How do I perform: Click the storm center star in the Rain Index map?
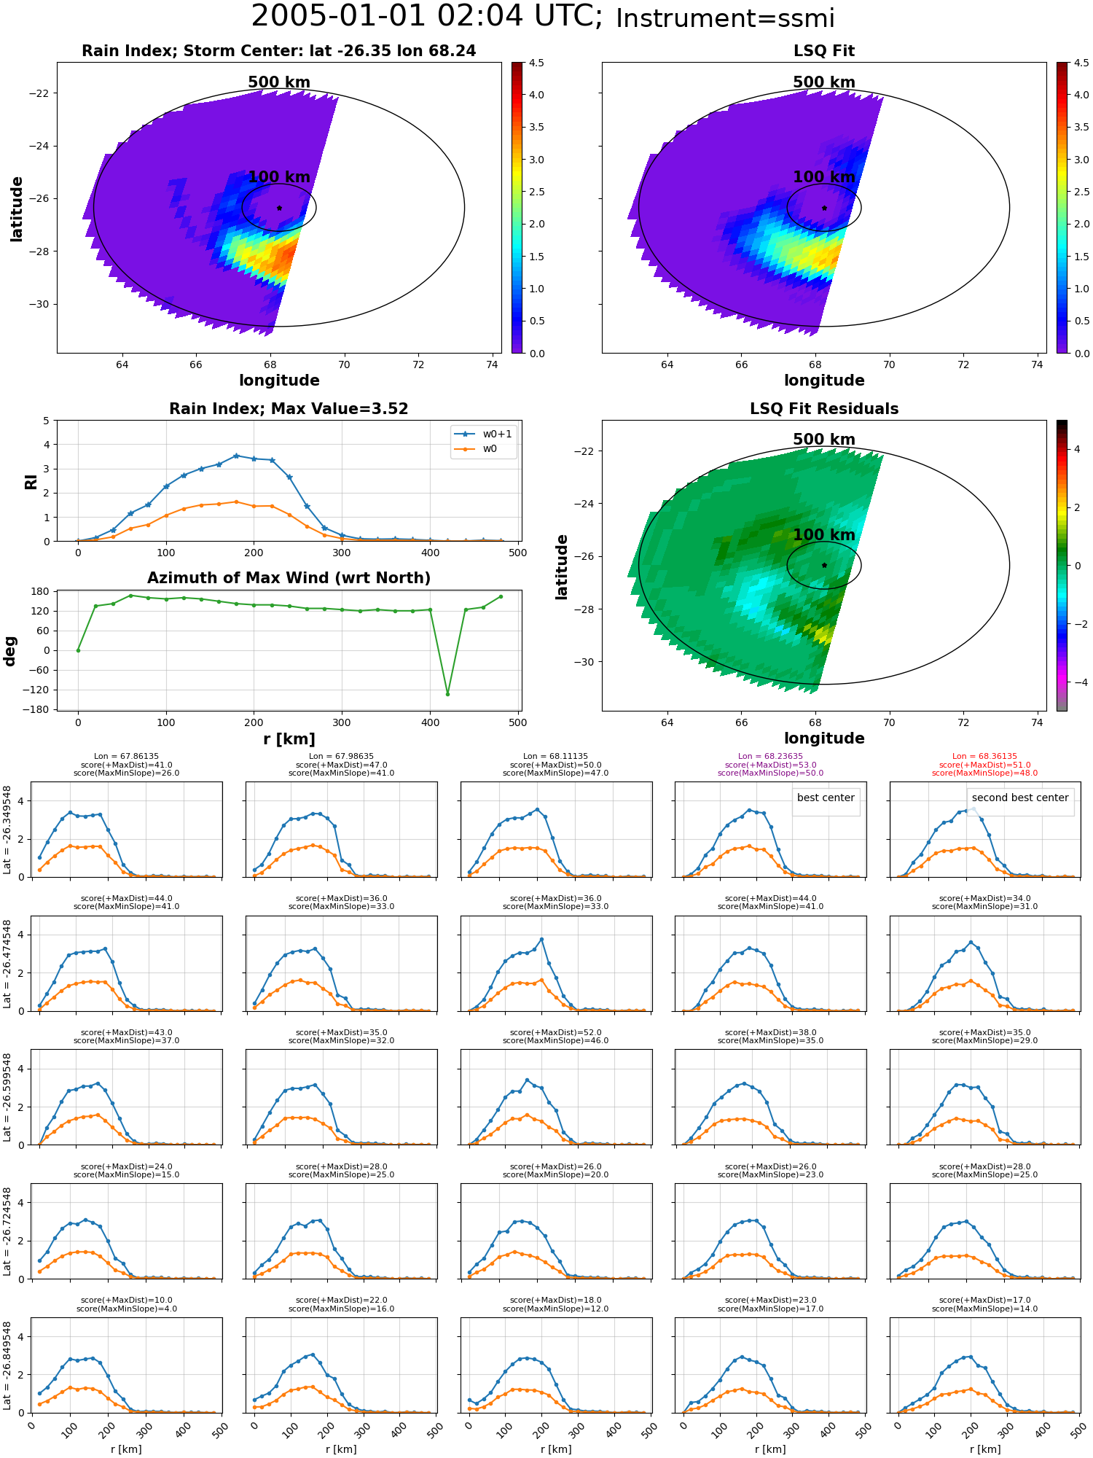279,208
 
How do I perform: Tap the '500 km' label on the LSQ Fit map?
824,82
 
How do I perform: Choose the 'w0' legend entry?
490,449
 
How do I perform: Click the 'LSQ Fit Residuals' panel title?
824,409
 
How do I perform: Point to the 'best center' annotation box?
826,798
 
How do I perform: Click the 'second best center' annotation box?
1020,798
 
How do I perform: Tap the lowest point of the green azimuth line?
447,693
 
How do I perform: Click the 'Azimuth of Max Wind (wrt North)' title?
289,578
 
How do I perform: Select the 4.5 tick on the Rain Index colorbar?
536,63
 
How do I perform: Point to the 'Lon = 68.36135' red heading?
984,757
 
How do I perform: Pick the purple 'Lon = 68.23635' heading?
770,757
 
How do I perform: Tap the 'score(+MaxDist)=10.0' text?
127,1301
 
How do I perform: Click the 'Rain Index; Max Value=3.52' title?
289,409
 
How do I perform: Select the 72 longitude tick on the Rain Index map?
418,364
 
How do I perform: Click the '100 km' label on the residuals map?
824,535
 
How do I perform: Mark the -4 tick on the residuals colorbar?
1077,682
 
